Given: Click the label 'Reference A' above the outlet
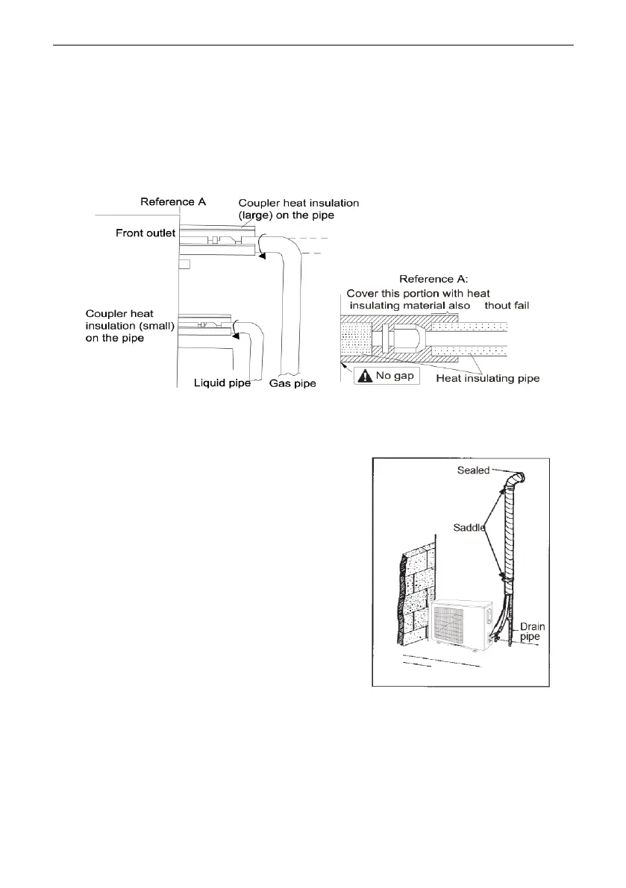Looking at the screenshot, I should pos(172,201).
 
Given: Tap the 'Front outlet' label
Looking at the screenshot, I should pos(145,233).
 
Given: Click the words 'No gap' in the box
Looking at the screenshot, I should pos(396,377).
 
